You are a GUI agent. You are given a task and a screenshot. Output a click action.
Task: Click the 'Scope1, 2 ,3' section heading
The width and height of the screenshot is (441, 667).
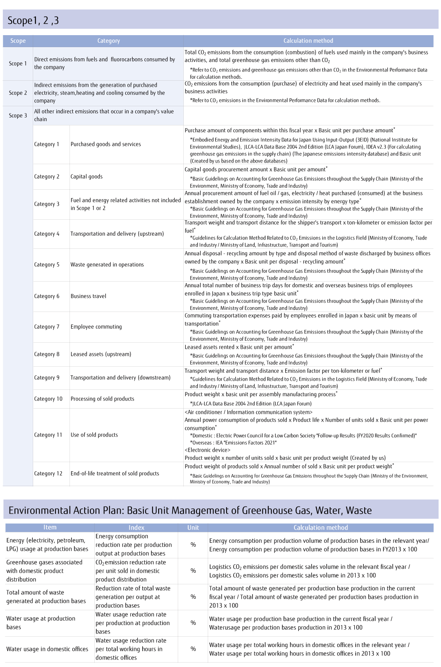(x=33, y=20)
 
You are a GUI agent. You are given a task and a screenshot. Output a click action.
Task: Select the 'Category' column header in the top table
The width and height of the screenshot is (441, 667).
(x=108, y=41)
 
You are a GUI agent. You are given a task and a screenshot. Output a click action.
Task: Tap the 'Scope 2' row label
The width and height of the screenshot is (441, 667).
(x=18, y=93)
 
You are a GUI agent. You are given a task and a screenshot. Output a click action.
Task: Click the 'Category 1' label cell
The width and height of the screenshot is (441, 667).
(x=47, y=144)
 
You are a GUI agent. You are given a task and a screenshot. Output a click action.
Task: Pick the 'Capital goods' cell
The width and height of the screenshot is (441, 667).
(x=87, y=177)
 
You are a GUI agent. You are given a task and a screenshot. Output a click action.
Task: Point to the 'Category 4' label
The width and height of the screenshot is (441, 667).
(x=47, y=234)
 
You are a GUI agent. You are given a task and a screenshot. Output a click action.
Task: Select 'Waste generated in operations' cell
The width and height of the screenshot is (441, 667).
(x=107, y=264)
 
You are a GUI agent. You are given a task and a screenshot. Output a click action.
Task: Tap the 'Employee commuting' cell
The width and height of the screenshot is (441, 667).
(x=96, y=327)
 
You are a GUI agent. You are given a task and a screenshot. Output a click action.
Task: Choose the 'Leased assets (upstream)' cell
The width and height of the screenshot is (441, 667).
(x=101, y=354)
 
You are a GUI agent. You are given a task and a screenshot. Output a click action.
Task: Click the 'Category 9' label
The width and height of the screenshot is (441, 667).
(x=47, y=377)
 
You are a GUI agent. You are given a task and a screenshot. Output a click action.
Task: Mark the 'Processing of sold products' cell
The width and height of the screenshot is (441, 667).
(x=102, y=399)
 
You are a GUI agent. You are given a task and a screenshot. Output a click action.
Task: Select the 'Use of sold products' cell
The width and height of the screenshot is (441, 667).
(x=94, y=435)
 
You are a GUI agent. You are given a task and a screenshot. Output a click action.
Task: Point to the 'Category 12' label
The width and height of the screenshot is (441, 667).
(x=48, y=474)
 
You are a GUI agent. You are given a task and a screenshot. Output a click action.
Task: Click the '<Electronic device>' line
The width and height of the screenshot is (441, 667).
(x=207, y=450)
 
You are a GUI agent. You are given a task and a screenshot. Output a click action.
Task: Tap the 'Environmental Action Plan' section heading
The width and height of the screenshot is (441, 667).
(x=190, y=510)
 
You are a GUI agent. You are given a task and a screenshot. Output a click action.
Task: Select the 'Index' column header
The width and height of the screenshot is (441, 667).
(x=136, y=528)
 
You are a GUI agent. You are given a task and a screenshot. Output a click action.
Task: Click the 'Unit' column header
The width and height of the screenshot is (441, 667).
(x=193, y=528)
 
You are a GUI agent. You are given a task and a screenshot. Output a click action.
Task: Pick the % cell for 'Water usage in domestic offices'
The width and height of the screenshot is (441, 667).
(x=193, y=649)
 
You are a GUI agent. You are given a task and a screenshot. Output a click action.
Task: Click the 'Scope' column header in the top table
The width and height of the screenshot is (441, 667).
(x=18, y=41)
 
